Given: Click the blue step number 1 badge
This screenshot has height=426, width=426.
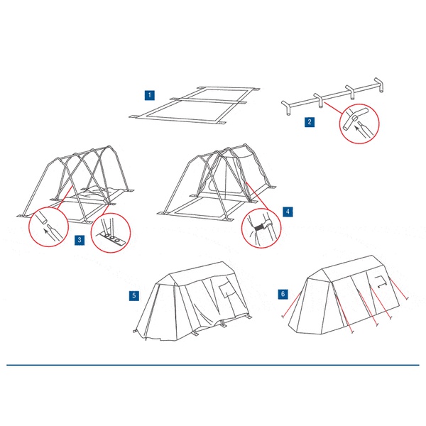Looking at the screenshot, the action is (149, 95).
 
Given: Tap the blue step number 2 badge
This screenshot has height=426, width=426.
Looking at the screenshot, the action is (310, 122).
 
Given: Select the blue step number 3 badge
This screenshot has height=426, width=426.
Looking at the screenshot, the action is (80, 240).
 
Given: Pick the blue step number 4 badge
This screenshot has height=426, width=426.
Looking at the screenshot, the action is (288, 212).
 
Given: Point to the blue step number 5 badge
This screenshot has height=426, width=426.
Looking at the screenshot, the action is (134, 295).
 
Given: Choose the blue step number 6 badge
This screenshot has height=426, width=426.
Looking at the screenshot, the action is (283, 294).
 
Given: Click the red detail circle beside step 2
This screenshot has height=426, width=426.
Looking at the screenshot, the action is (359, 124).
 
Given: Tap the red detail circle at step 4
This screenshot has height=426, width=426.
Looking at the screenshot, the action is (261, 228).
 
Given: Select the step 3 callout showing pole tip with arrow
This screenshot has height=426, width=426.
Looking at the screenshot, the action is (48, 227).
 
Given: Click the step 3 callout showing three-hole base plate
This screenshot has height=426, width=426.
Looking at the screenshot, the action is (111, 233).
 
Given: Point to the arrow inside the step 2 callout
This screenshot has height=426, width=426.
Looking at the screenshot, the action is (359, 131).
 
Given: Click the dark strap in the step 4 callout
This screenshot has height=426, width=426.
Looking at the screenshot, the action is (259, 227).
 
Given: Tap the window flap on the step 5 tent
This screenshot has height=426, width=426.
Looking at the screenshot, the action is (227, 290).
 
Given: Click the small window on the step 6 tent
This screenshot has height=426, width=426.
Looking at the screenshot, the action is (381, 281).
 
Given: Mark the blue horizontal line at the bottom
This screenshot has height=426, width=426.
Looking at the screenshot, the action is (213, 365).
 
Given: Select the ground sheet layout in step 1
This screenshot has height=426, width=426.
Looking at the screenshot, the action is (195, 105).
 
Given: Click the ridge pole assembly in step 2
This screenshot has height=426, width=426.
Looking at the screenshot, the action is (333, 97).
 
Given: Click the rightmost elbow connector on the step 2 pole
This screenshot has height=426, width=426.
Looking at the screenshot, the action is (380, 84).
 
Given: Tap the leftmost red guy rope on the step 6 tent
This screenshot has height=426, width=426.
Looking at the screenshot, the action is (291, 305).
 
